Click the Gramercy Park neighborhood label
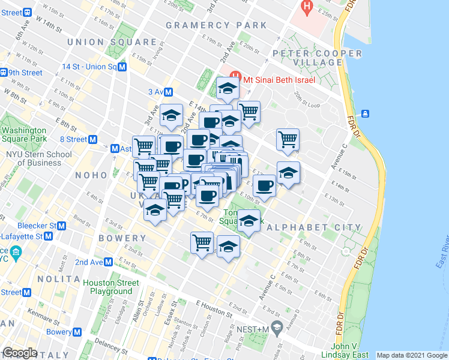(x=216, y=25)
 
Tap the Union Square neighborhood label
(x=112, y=42)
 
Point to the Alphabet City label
(x=314, y=228)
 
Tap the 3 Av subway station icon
(x=169, y=92)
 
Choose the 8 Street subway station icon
(x=93, y=139)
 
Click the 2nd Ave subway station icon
(x=108, y=262)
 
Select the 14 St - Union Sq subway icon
(x=122, y=67)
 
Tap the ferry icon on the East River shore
(x=364, y=113)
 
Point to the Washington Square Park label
(x=23, y=134)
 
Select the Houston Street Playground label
(x=111, y=287)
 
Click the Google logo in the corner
(x=20, y=353)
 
